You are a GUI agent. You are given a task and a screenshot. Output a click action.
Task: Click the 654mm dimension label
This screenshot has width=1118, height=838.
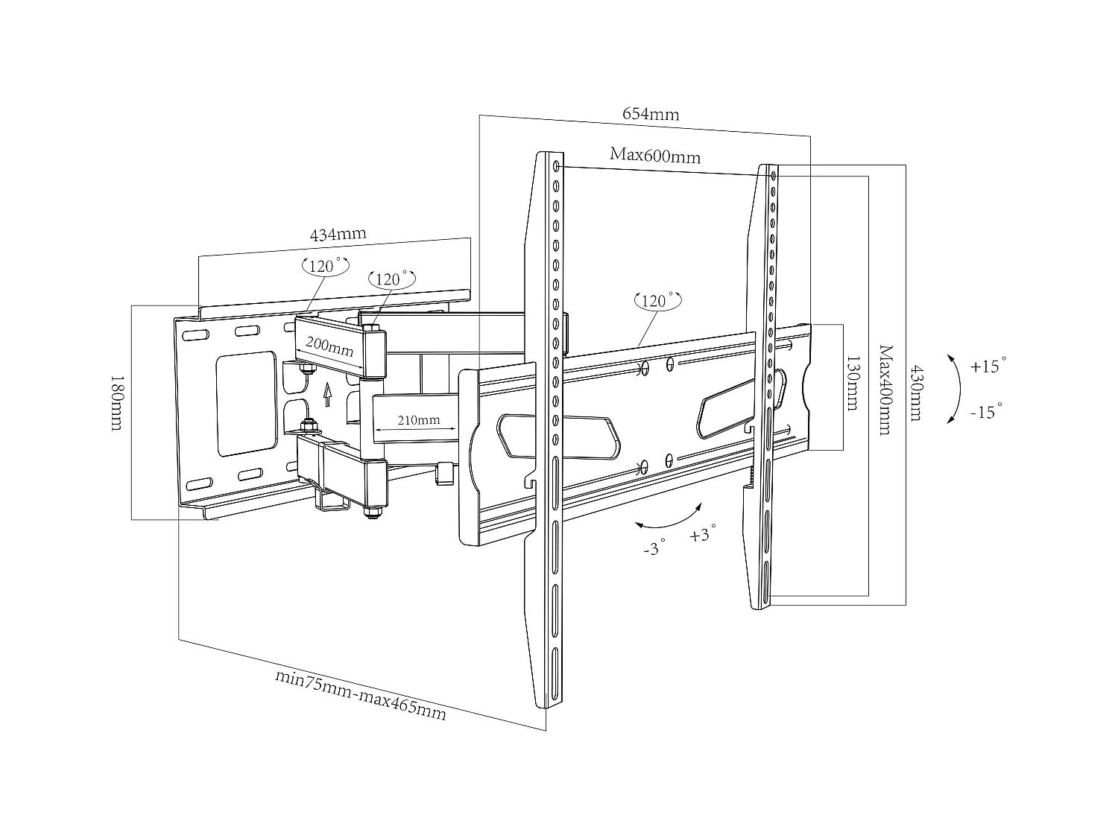[651, 114]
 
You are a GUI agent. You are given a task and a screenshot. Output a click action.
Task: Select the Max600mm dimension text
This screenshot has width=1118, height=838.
[655, 156]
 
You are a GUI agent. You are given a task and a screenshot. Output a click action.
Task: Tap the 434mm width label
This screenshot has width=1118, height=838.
[338, 234]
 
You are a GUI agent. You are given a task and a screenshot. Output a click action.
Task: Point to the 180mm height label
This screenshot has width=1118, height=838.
[116, 402]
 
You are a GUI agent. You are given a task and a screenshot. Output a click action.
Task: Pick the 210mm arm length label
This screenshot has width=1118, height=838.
[418, 420]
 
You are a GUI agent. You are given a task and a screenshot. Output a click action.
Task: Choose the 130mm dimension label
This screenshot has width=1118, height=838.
[852, 382]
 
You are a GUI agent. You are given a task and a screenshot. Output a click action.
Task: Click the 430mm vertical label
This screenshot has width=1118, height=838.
[915, 393]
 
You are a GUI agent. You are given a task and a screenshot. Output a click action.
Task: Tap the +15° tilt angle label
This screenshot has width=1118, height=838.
[988, 366]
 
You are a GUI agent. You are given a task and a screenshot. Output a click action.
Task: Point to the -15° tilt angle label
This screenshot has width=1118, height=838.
[986, 411]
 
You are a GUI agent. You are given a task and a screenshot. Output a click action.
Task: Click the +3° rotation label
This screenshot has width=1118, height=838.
[703, 533]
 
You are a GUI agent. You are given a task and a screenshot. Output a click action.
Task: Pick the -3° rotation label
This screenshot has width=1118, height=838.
[653, 549]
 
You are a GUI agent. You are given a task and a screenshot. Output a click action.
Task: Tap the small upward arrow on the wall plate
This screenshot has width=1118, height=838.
[326, 391]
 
